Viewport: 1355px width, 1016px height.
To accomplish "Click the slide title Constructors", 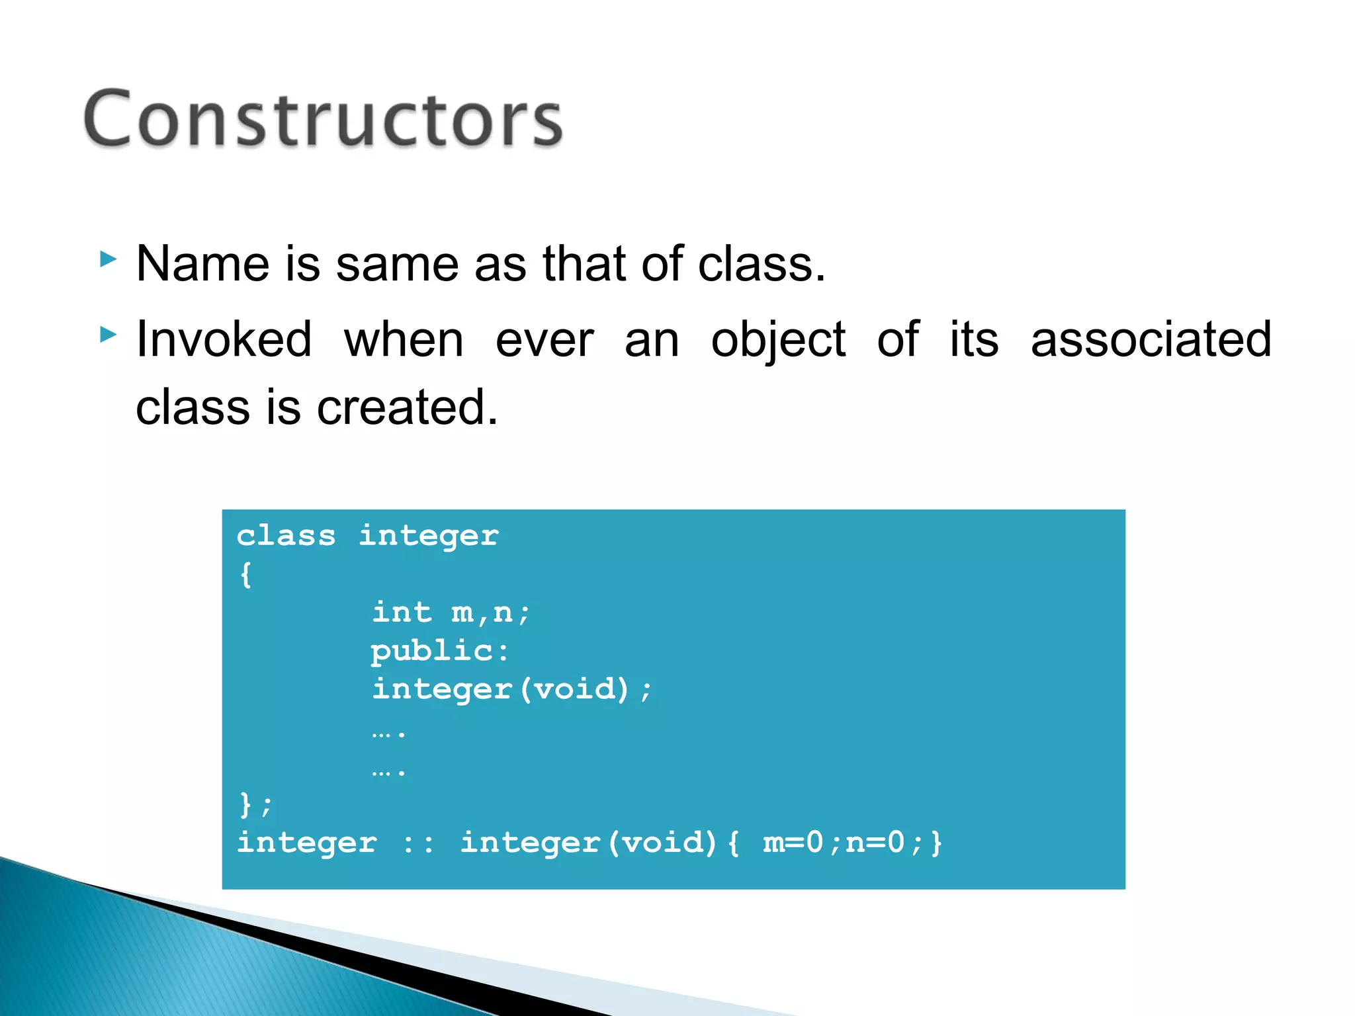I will point(323,119).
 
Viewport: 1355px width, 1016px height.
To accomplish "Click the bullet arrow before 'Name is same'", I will point(109,259).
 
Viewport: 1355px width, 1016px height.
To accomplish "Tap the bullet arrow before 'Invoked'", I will point(109,335).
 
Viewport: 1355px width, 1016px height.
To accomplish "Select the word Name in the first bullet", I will point(202,264).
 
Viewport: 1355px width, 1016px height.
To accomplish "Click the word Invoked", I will point(224,339).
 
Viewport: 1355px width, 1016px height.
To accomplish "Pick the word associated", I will point(1151,339).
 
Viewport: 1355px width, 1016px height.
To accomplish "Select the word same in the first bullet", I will point(397,264).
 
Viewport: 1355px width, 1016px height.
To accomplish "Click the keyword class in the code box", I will point(286,536).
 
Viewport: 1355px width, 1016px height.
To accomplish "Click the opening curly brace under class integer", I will point(245,574).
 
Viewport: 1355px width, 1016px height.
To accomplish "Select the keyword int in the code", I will point(402,613).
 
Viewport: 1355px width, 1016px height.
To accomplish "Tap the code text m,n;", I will point(490,613).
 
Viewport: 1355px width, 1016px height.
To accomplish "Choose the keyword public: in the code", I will point(439,652).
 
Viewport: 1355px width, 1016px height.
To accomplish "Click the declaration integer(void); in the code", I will point(511,690).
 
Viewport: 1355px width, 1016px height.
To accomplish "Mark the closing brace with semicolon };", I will point(255,805).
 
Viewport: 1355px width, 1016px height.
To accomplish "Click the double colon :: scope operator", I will point(418,843).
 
